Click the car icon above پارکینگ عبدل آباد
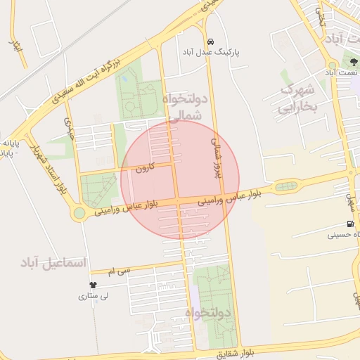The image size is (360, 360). (212, 40)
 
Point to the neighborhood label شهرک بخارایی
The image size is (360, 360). (300, 98)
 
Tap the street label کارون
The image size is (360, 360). (144, 168)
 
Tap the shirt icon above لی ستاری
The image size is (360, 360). (94, 285)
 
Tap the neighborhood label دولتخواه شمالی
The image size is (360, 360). (186, 105)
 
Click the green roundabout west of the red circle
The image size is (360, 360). (79, 212)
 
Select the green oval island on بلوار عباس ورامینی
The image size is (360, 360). (285, 186)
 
